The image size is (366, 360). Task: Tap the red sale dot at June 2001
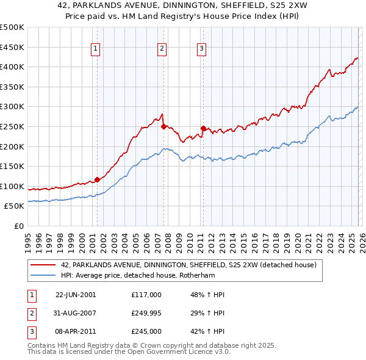97,179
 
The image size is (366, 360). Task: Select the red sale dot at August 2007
163,127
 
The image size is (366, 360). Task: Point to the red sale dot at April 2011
203,129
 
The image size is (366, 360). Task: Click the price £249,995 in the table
146,313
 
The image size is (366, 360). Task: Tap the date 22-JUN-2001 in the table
76,295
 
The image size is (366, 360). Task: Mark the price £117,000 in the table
146,295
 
